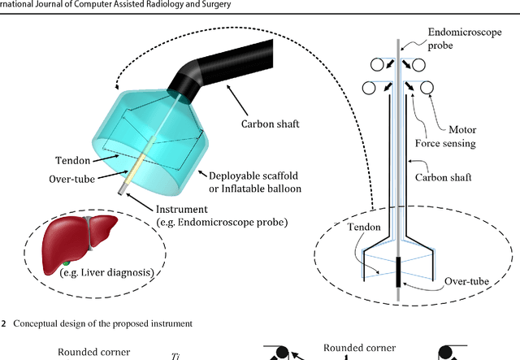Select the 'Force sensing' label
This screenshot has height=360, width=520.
tap(466, 145)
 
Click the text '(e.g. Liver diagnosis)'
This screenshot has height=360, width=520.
tap(106, 273)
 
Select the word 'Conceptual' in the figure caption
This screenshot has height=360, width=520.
tap(41, 323)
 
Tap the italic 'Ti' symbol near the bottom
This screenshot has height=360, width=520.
tap(175, 355)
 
